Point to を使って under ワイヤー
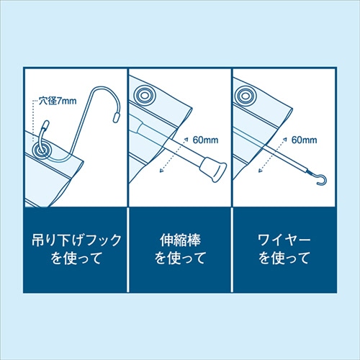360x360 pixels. [283, 257]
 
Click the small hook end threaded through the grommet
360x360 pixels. [45, 130]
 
